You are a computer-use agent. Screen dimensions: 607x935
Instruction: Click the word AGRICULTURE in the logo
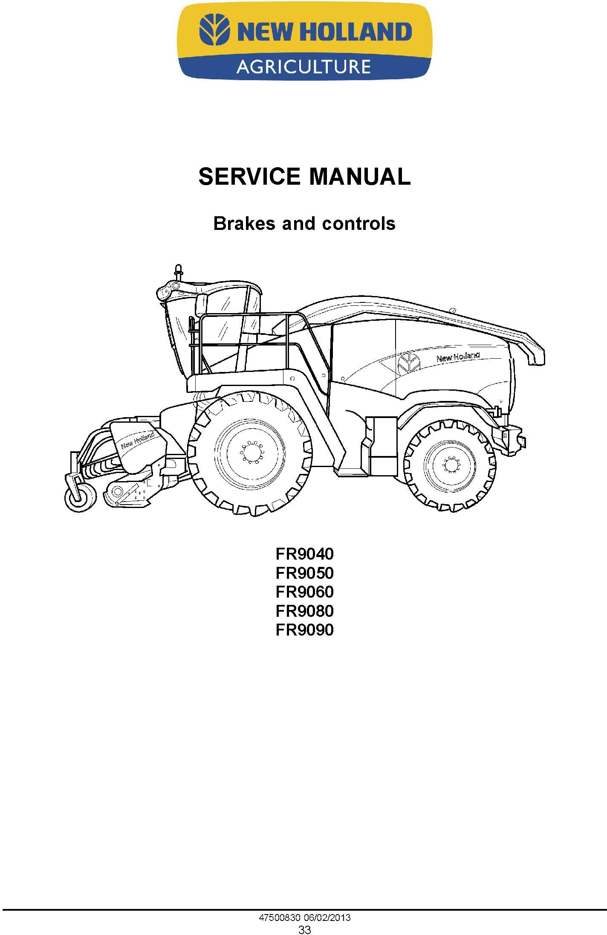tap(303, 67)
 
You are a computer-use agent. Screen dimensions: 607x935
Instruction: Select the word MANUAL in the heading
tap(359, 177)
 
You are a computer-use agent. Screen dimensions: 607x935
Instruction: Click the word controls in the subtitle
tap(358, 224)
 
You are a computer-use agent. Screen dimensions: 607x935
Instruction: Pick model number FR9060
tap(304, 592)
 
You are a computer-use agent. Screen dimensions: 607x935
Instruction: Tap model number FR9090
tap(304, 630)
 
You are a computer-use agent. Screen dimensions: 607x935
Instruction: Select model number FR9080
tap(304, 611)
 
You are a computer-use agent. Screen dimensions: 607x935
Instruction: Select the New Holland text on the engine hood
tap(457, 357)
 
